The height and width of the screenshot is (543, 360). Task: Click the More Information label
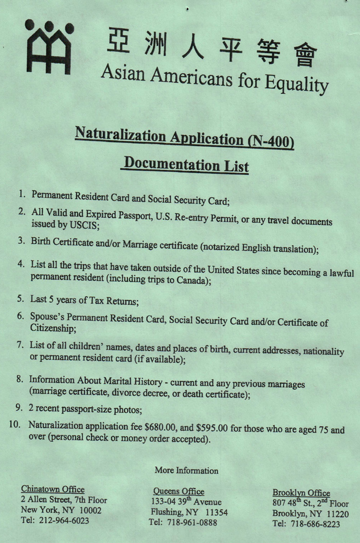tap(186, 470)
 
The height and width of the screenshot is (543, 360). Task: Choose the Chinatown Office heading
tap(52, 489)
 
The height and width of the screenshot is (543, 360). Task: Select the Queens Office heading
tap(178, 492)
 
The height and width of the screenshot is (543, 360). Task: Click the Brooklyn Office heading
tap(301, 493)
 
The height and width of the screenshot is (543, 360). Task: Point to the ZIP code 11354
tap(215, 513)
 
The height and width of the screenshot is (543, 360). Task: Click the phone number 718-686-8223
tap(314, 524)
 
